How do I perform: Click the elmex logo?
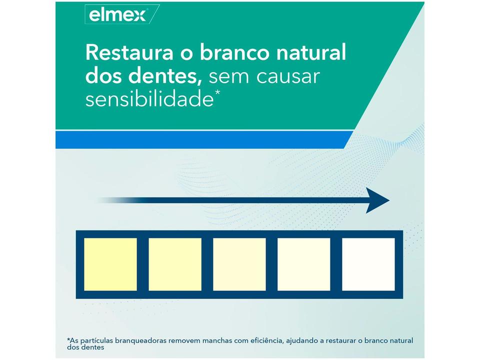(x=118, y=15)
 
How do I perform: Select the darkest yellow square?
(x=110, y=264)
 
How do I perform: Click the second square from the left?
(x=175, y=264)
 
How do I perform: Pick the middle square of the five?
(x=239, y=264)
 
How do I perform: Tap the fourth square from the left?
(x=304, y=264)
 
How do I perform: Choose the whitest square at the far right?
(x=368, y=264)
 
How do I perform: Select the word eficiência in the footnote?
(x=275, y=340)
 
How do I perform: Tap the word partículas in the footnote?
(x=97, y=340)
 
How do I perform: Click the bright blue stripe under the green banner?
(x=200, y=139)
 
